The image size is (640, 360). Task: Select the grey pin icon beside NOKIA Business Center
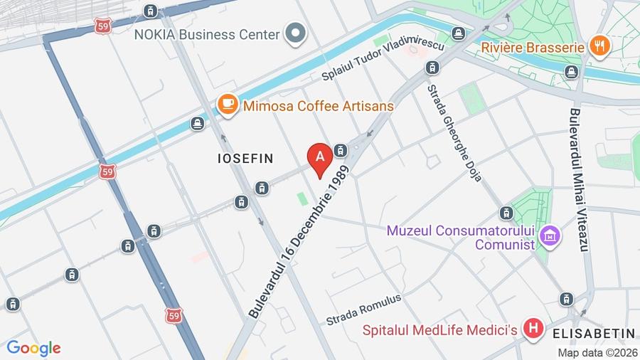tap(295, 33)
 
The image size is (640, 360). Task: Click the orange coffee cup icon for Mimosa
tap(228, 105)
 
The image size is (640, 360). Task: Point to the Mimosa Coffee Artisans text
tap(318, 105)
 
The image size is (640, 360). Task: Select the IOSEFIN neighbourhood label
tap(245, 159)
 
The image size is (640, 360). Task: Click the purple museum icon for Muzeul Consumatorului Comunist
tap(550, 235)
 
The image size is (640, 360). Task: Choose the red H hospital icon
tap(533, 329)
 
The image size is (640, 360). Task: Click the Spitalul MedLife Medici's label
tap(439, 330)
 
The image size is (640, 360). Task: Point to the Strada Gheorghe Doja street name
tap(455, 132)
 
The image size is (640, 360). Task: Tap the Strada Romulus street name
tap(363, 309)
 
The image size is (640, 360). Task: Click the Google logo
tap(33, 348)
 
